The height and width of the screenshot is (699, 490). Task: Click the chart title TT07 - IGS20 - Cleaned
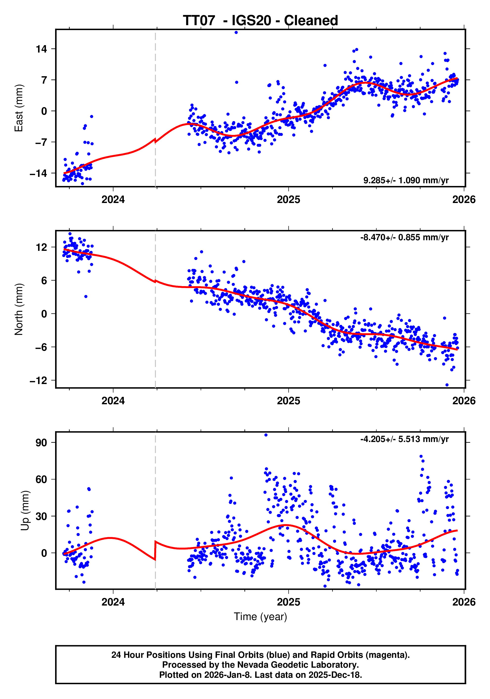point(260,20)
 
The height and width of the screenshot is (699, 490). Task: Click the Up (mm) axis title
point(25,511)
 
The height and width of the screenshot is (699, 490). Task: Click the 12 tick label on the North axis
point(41,247)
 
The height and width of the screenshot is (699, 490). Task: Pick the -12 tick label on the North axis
point(38,380)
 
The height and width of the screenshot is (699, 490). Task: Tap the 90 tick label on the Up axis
point(41,442)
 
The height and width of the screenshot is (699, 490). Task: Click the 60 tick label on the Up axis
point(41,479)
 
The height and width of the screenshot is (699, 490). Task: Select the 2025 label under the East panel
point(288,199)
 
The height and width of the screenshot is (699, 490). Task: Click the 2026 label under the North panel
point(464,401)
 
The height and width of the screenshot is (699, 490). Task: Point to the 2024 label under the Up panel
point(113,602)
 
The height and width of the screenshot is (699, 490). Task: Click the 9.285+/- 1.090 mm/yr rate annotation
point(405,180)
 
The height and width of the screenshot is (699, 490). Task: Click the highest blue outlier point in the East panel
point(236,32)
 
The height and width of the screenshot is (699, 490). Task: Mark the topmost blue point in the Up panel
point(266,435)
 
